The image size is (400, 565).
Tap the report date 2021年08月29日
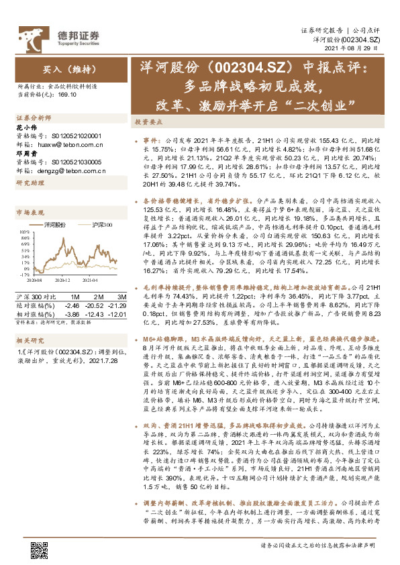pos(352,51)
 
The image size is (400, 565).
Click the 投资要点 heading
pos(150,123)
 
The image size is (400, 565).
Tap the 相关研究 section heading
pos(30,321)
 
